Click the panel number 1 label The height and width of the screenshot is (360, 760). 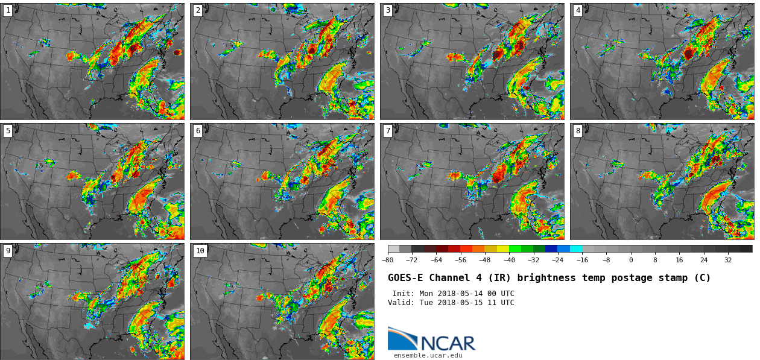pos(8,10)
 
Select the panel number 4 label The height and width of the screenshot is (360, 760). pos(578,10)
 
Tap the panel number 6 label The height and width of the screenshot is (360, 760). pos(198,131)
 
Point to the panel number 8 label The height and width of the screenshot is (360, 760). pos(578,131)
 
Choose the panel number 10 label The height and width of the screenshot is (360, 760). pos(200,251)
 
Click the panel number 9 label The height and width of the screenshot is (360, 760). pos(8,251)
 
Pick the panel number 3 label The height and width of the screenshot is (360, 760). pos(388,10)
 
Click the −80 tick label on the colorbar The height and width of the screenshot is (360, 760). pos(388,261)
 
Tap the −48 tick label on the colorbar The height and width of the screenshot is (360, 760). pos(485,261)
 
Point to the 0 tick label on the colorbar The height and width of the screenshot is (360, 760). pos(631,261)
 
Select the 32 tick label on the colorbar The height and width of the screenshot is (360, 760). pos(728,261)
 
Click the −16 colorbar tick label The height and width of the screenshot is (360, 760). pos(582,261)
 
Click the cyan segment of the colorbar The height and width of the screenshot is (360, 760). pos(576,248)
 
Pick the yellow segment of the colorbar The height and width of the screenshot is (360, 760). pos(503,248)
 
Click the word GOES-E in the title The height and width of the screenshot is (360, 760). pos(405,278)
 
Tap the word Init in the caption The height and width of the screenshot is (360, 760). pos(403,294)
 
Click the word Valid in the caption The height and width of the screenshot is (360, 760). pos(400,303)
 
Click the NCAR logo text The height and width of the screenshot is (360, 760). pos(448,344)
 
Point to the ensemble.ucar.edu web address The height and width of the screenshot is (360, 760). pos(428,356)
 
